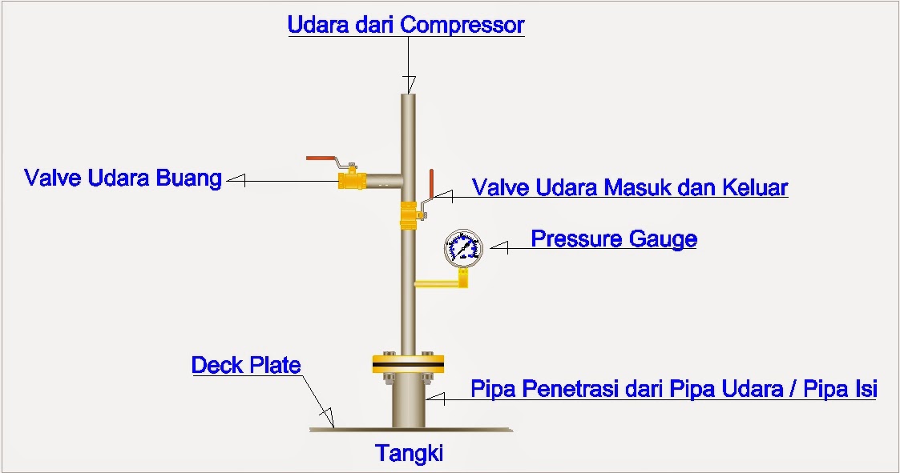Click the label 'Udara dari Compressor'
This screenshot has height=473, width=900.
click(406, 25)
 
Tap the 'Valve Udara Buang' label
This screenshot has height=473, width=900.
click(123, 178)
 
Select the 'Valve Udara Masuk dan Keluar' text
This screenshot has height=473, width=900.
click(630, 188)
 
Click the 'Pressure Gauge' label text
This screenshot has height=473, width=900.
click(614, 239)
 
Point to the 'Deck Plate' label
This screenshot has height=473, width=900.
click(246, 366)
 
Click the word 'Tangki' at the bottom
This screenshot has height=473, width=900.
click(410, 454)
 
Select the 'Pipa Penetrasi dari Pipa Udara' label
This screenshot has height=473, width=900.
click(673, 390)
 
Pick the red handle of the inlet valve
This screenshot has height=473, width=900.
click(430, 184)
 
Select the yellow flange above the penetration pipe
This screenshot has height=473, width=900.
click(408, 363)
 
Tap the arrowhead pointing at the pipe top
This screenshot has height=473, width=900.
click(410, 83)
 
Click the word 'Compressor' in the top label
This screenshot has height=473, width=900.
click(462, 25)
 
